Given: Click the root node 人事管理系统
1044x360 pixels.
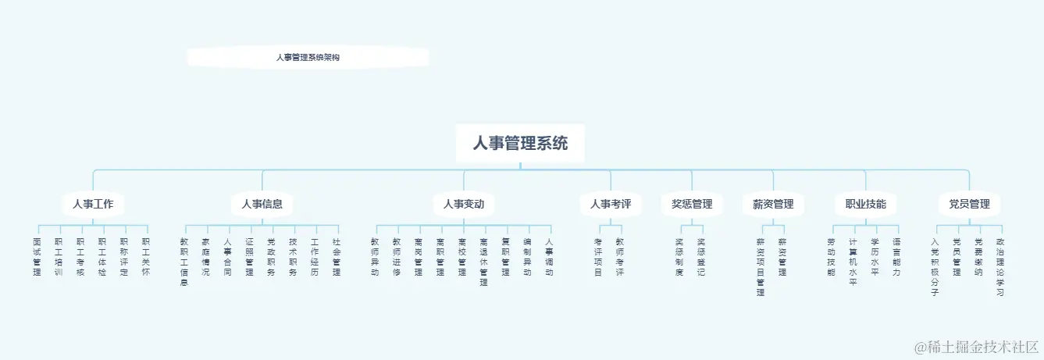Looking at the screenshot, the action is coord(520,144).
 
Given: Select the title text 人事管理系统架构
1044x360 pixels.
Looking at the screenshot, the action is coord(308,58).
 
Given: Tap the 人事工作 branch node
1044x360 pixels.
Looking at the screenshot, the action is coord(93,205).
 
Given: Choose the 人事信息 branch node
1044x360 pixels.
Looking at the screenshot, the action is coord(262,205).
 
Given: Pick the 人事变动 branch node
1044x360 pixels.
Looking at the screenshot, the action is coord(464,205).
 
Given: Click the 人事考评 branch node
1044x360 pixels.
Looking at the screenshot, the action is coord(611,205).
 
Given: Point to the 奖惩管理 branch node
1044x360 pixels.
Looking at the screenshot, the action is coord(692,205).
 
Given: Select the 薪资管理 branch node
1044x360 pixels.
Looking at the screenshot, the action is coord(773,205).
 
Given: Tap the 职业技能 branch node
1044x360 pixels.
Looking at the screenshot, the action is coord(865,205).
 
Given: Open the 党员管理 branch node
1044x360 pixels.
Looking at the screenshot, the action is coord(969,205).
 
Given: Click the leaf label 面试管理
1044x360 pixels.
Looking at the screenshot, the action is coord(37,257).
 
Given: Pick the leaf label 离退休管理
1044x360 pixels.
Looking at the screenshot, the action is coord(483,262).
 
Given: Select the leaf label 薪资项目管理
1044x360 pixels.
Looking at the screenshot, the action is coord(761,267).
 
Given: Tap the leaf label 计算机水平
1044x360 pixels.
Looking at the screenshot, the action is coord(853,262).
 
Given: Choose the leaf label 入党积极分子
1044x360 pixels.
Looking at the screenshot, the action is coord(935,267).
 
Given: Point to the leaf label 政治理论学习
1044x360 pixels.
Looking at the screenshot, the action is coord(1000,267).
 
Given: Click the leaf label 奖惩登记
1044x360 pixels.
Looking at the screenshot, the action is coord(701,257).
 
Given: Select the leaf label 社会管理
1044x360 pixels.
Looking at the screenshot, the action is coord(337,257).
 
